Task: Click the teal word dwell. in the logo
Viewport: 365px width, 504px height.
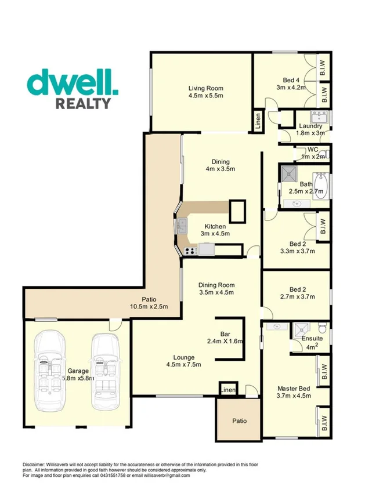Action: tap(73, 84)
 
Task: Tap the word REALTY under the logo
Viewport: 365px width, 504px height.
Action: tap(83, 104)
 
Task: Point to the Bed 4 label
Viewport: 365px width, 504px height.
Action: tap(291, 80)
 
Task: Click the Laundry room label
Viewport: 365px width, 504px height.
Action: tap(310, 126)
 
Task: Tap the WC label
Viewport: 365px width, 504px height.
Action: tap(313, 149)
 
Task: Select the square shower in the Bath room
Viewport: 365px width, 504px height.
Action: tap(289, 173)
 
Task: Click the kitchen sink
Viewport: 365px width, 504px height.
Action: tap(182, 224)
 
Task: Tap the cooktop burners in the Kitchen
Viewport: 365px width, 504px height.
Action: tap(189, 251)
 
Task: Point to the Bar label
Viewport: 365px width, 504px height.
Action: tap(226, 334)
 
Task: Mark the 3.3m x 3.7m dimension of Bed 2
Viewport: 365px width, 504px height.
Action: tap(297, 251)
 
